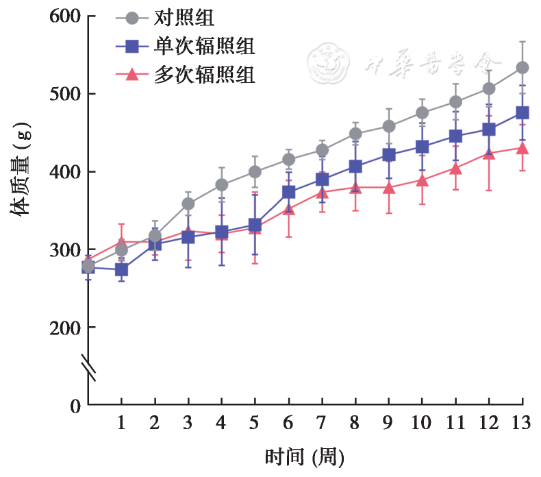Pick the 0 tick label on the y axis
pos(74,406)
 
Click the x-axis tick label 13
pos(522,423)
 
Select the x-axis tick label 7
pos(321,423)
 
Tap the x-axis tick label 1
pos(121,423)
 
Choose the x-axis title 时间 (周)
pos(304,456)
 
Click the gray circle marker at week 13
pos(522,68)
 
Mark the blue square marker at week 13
pos(522,113)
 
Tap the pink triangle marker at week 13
pos(522,148)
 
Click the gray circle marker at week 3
pos(188,204)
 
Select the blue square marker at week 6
pos(288,192)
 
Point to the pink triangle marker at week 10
pos(422,181)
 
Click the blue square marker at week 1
pos(121,270)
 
